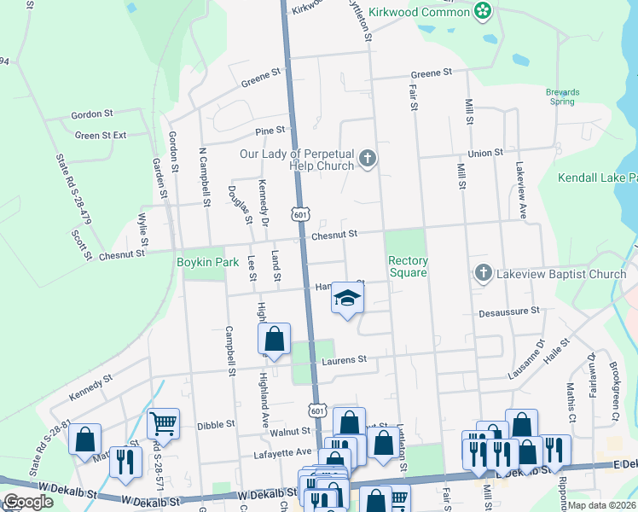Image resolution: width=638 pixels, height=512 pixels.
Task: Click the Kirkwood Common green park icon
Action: [x=483, y=11]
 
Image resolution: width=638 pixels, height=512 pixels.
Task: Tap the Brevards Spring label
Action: [x=562, y=96]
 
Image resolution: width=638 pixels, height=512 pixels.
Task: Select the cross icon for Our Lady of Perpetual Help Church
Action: [x=368, y=159]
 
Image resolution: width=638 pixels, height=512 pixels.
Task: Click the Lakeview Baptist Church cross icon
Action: [x=483, y=274]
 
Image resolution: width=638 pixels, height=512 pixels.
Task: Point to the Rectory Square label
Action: [x=407, y=266]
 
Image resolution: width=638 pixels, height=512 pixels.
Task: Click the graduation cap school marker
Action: [x=347, y=298]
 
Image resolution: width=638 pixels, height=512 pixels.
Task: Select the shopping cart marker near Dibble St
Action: [x=162, y=422]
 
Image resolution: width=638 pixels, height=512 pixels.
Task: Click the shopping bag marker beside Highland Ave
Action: [x=275, y=339]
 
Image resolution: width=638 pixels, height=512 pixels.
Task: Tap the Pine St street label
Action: [x=270, y=130]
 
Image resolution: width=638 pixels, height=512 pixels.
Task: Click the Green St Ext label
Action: [x=100, y=135]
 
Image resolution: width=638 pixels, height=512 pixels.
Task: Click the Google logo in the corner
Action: [x=28, y=501]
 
